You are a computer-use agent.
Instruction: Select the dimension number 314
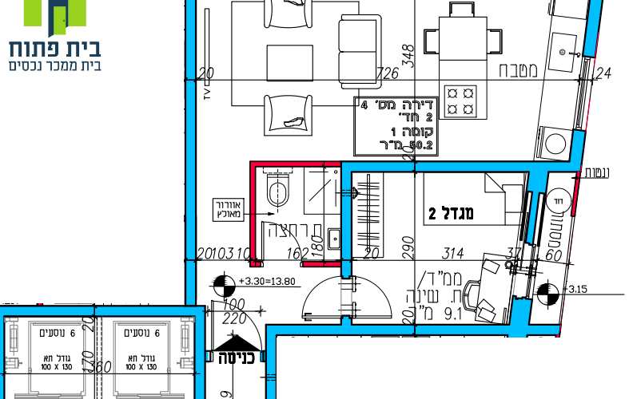coord(453,254)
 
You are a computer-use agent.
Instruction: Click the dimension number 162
coord(297,254)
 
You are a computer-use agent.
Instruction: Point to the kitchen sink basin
coord(567,49)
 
